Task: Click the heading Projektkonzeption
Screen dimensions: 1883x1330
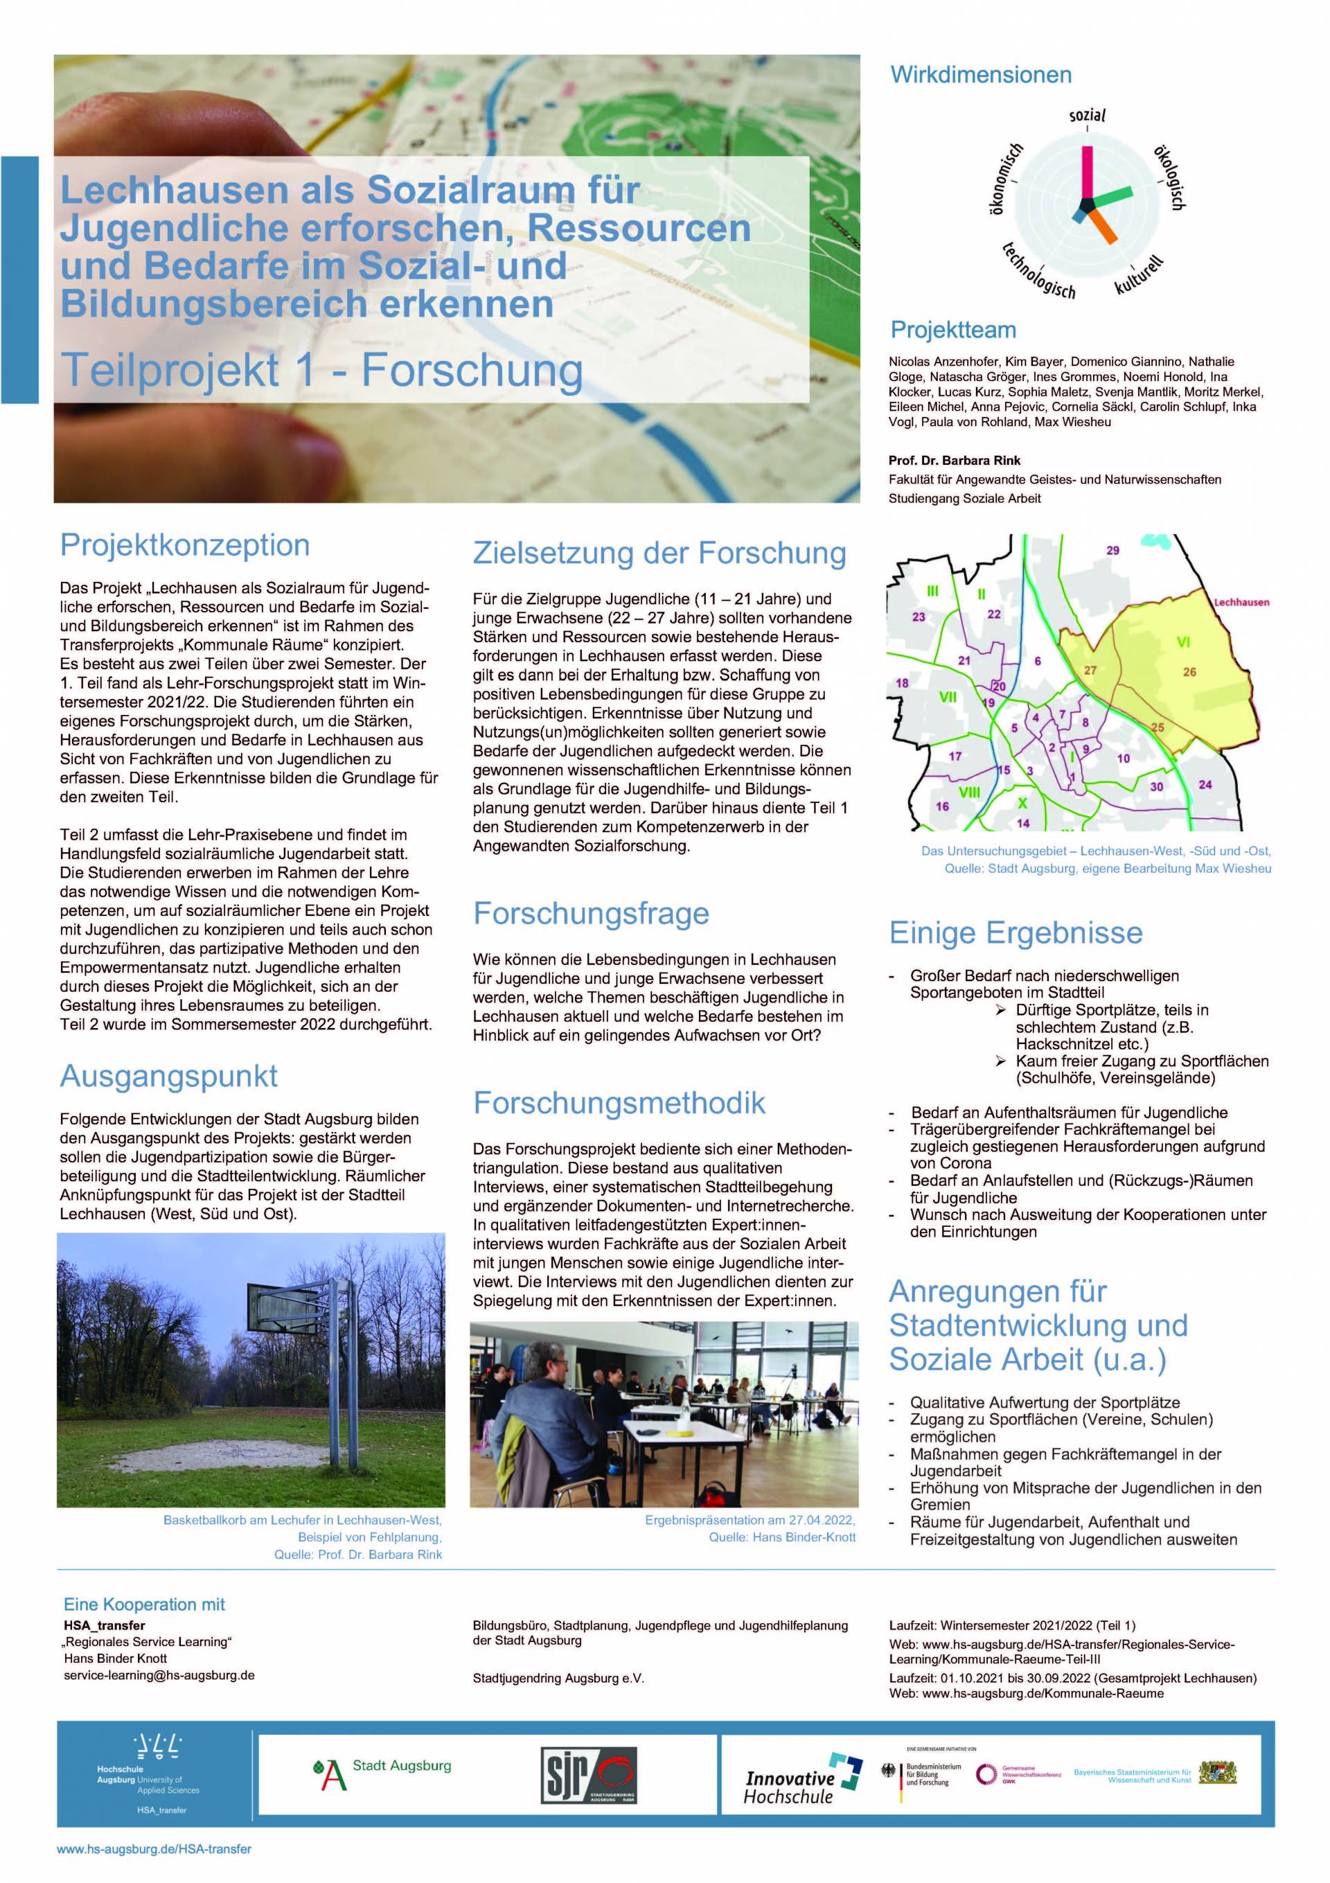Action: click(184, 545)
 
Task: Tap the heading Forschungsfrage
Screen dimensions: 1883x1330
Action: click(590, 913)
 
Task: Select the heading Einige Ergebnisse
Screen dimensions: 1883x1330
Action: click(1015, 932)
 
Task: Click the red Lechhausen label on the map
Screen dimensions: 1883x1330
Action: click(1241, 602)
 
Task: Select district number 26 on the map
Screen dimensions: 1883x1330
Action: click(1189, 672)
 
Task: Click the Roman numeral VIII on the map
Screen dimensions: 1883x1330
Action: click(969, 793)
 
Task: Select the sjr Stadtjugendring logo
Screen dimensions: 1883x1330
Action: click(588, 1775)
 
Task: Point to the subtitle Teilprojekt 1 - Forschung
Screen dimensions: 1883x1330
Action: click(322, 370)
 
